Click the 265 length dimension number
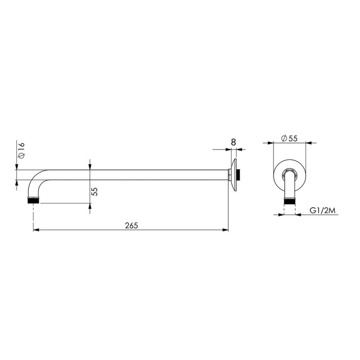(x=131, y=225)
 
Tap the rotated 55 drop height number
(x=94, y=191)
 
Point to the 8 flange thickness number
(x=233, y=141)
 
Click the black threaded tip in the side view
(x=33, y=200)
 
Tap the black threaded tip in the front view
(x=290, y=202)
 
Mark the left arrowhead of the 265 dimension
(x=37, y=230)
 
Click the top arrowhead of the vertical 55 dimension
(x=90, y=170)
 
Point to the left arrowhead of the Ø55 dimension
(x=275, y=143)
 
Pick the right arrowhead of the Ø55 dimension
(x=304, y=143)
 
